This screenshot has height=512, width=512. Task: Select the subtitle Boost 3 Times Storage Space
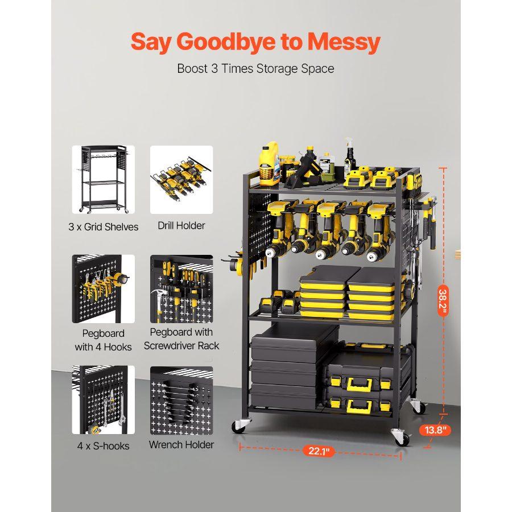[x=255, y=69]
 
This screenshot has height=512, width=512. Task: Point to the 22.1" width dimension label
[x=319, y=451]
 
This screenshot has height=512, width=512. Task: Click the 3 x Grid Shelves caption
[x=103, y=227]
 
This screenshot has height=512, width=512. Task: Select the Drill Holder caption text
[x=181, y=226]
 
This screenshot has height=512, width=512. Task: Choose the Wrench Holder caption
[x=181, y=444]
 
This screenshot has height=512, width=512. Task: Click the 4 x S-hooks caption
[x=103, y=445]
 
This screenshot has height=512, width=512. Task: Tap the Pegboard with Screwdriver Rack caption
[x=181, y=338]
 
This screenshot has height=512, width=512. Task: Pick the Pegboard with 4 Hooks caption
[x=103, y=340]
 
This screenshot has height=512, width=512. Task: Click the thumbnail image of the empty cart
[x=103, y=179]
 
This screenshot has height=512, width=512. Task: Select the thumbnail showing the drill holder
[x=181, y=179]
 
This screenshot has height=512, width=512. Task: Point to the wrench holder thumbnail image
[x=181, y=400]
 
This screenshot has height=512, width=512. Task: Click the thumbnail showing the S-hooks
[x=103, y=400]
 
